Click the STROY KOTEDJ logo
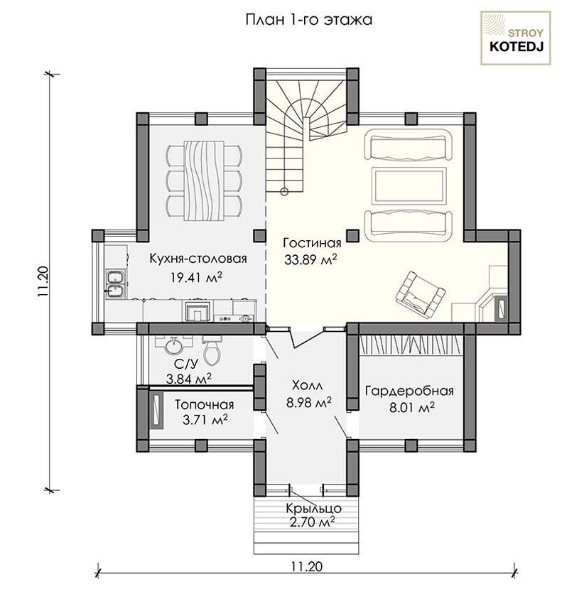point(515,38)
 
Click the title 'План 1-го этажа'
point(309,20)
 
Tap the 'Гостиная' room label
point(312,244)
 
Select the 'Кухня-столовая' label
point(198,259)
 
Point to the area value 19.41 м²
point(197,276)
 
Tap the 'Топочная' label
point(204,405)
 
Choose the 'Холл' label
point(308,385)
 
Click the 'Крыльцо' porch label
point(313,509)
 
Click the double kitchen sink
point(115,284)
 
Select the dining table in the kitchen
point(204,180)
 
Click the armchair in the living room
point(420,294)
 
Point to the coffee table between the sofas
point(409,185)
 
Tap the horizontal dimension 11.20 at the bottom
point(307,566)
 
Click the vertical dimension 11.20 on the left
point(43,281)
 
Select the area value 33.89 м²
point(311,259)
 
